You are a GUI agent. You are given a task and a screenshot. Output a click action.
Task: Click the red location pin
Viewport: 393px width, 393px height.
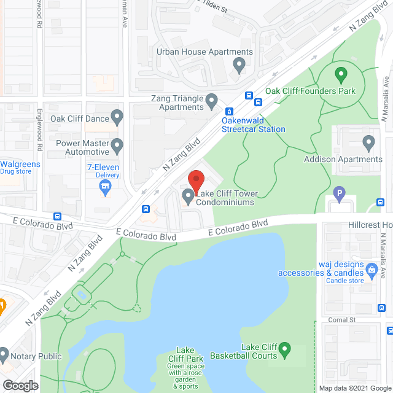[195, 180]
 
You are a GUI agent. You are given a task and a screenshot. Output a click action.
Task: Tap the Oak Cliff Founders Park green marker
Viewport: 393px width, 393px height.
[341, 77]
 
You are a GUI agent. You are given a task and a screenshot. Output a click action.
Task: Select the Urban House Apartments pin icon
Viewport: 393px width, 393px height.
[239, 64]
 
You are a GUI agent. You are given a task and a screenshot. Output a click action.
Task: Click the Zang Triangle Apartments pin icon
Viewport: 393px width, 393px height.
[212, 99]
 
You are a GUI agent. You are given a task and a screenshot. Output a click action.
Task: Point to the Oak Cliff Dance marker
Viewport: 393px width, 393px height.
[118, 119]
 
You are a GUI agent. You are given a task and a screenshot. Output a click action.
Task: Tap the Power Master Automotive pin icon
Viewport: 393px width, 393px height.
[117, 146]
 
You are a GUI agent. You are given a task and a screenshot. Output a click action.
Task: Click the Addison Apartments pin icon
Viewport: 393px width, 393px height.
[368, 144]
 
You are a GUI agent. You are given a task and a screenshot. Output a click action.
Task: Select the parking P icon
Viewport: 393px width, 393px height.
[338, 196]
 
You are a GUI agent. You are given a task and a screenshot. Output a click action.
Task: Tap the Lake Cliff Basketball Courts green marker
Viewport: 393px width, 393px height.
[284, 351]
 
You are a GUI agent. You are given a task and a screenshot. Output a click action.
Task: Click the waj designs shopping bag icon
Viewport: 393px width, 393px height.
[372, 268]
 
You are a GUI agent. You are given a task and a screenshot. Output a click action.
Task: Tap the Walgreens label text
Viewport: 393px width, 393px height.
[20, 164]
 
